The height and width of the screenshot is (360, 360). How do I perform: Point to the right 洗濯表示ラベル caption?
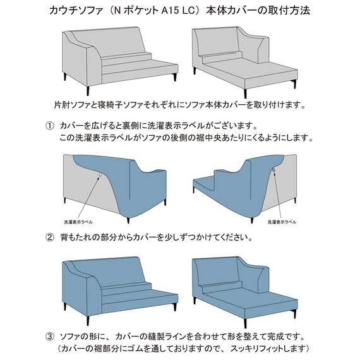click(283, 222)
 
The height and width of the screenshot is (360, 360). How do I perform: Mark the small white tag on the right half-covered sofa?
click(273, 171)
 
